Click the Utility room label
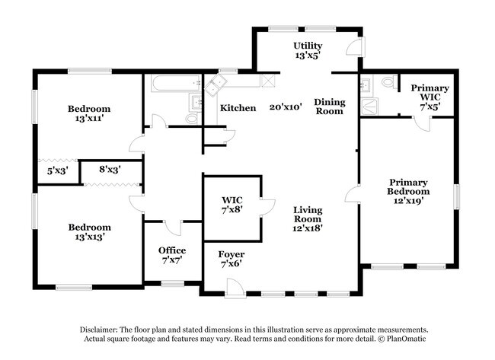(308, 46)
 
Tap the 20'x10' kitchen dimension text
(286, 107)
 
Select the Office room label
(172, 250)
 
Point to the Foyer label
(232, 254)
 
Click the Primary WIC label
(430, 93)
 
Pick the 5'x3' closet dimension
(58, 171)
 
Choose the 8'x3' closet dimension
(110, 170)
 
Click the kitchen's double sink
(216, 84)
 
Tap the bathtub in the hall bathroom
(176, 83)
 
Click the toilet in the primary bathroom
(389, 82)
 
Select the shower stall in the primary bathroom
(369, 107)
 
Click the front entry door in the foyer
(235, 288)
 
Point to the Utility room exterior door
(356, 47)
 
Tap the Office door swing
(173, 228)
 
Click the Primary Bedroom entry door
(353, 194)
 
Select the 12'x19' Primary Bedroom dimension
(408, 201)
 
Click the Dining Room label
(330, 107)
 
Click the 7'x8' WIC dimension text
(232, 209)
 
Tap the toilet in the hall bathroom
(192, 119)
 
